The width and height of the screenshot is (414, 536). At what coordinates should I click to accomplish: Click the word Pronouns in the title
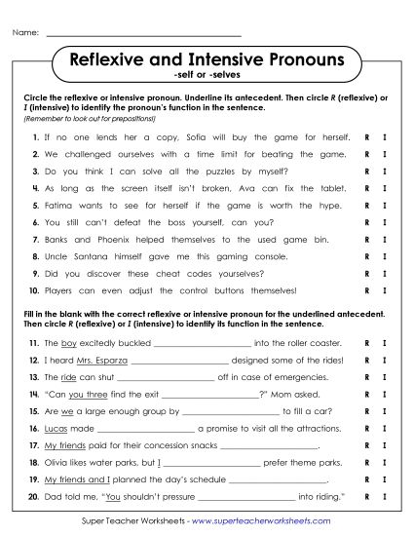(301, 60)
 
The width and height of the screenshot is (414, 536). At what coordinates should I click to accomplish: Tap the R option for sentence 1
(366, 138)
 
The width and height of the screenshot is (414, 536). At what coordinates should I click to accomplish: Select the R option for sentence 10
(366, 290)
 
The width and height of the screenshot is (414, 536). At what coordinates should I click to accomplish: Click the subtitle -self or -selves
(207, 76)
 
